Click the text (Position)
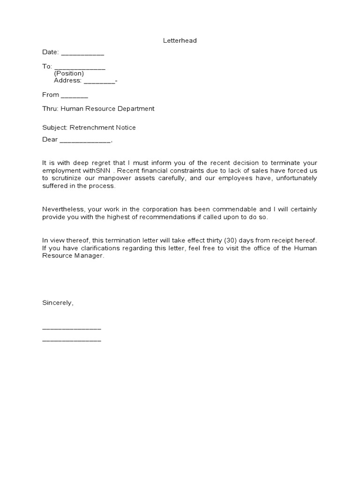(69, 74)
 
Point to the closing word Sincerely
(58, 303)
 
